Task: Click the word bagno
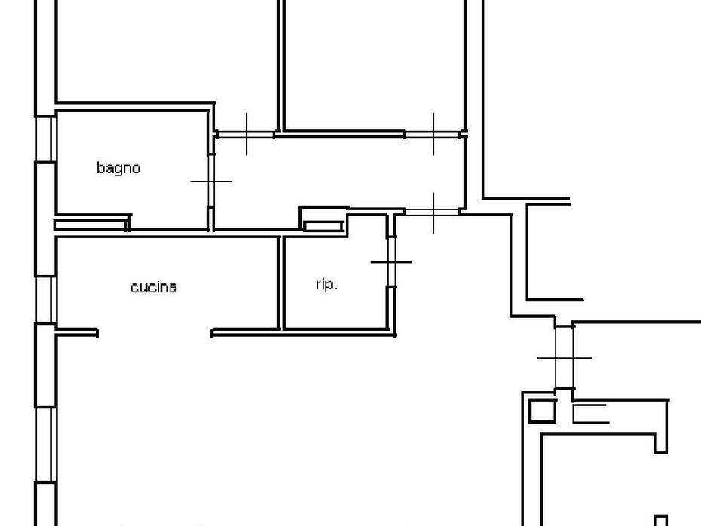tap(118, 169)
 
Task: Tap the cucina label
tap(154, 287)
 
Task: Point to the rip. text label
tap(326, 284)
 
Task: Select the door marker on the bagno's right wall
tap(211, 182)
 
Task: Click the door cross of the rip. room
tap(392, 262)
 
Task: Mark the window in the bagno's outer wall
tap(45, 139)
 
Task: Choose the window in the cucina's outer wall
tap(45, 299)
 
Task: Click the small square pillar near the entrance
tap(542, 411)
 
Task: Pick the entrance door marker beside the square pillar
tap(565, 358)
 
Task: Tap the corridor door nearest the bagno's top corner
tap(246, 134)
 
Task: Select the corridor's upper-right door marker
tap(433, 134)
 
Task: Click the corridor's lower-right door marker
tap(433, 213)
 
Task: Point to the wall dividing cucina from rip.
tap(280, 283)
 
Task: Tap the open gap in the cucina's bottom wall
tap(155, 333)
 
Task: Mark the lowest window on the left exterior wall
tap(45, 445)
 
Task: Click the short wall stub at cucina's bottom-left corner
tap(77, 332)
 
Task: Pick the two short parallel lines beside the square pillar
tap(591, 414)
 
